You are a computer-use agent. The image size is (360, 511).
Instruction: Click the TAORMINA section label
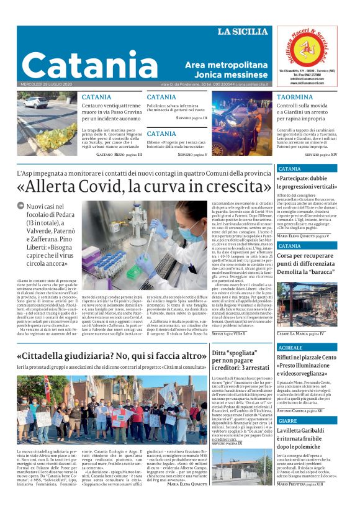click(295, 97)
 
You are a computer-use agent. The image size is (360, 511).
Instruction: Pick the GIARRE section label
click(287, 420)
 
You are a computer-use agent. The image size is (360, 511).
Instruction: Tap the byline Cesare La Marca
click(301, 333)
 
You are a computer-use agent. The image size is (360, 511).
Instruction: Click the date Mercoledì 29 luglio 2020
click(47, 84)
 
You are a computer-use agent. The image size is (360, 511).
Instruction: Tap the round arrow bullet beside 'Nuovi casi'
click(20, 206)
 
